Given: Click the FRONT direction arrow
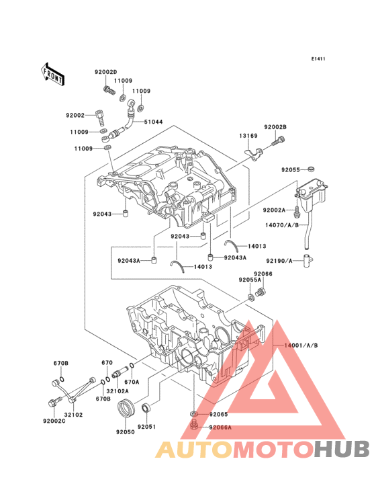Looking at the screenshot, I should (53, 73).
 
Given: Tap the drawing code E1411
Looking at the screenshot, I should (318, 59).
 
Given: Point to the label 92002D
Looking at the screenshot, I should (105, 72).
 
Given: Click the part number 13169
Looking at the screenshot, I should (248, 136).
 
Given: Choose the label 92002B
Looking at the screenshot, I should (275, 127).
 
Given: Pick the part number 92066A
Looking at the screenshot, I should (220, 427).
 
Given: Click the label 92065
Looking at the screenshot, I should (218, 415).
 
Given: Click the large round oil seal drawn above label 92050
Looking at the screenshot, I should (126, 407).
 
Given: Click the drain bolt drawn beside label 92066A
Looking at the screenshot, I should (194, 425).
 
